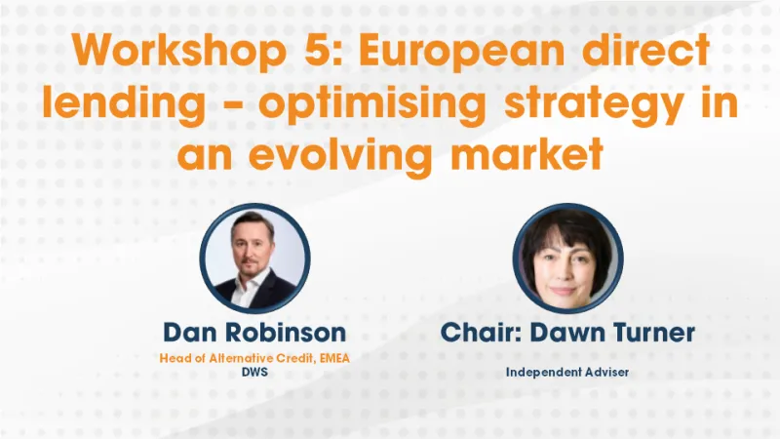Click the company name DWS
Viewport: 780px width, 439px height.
tap(253, 372)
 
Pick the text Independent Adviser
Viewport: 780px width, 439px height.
tap(567, 372)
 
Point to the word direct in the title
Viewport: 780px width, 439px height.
tap(663, 52)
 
